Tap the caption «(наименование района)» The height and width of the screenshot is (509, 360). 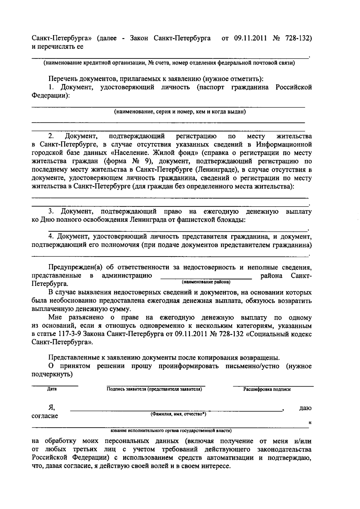(x=206, y=282)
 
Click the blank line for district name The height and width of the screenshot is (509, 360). (x=206, y=278)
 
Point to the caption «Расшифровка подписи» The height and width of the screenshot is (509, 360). (x=267, y=389)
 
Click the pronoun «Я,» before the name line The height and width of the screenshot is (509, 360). (x=52, y=408)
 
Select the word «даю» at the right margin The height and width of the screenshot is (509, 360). (x=305, y=408)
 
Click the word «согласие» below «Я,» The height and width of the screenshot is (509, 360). (x=45, y=416)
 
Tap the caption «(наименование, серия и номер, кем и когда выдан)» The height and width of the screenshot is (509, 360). (x=180, y=112)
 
